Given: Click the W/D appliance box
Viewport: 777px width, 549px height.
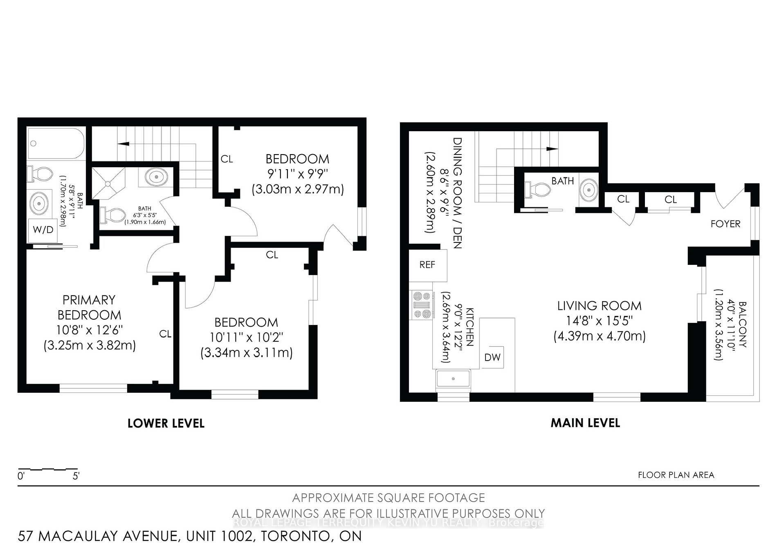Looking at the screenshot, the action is pos(43,230).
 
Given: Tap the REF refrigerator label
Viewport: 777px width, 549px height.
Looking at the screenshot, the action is pos(427,265).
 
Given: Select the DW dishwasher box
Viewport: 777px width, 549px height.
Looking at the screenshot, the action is pos(492,357).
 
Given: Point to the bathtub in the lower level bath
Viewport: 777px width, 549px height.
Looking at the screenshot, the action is pos(56,143).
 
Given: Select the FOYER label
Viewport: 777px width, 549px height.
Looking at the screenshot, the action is pos(725,224).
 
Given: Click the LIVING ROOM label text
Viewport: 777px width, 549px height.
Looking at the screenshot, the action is pos(600,306).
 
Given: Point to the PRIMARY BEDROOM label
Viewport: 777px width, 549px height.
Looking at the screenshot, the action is pos(89,307).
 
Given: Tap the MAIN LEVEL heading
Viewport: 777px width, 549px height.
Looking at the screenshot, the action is pos(585,423).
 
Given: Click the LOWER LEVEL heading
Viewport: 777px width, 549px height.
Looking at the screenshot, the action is pos(166,424).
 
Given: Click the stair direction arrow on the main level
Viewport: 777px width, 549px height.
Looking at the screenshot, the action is pos(552,149).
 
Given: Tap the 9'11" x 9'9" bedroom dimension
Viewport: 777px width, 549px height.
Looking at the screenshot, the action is pos(297,175).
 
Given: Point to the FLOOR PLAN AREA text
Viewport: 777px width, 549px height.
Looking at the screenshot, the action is pos(676,475).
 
